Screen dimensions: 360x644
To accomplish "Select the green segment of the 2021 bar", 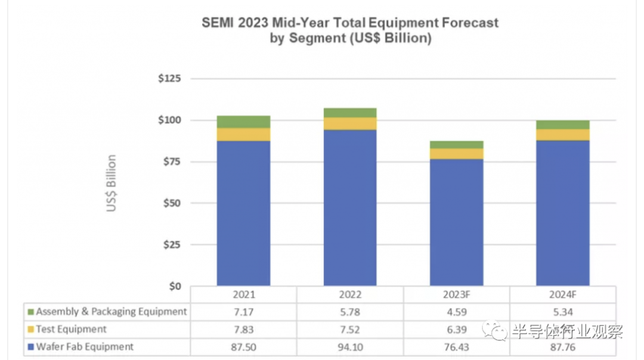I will [x=243, y=122].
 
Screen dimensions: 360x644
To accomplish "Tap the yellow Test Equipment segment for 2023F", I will [x=456, y=154].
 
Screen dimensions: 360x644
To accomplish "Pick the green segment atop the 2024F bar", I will [x=562, y=125].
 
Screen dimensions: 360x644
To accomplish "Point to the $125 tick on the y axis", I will [x=170, y=79].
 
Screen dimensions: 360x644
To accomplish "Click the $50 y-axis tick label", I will [x=172, y=203].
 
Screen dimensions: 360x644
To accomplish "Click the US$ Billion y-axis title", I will [x=112, y=184].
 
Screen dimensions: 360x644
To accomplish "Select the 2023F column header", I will [x=456, y=295].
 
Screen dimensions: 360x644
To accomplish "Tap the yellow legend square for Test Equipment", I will [x=30, y=330].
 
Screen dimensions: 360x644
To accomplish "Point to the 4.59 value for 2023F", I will [x=456, y=312].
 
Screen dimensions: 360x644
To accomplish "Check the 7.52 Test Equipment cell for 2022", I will [x=350, y=330].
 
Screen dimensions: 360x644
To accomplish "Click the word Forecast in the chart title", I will [x=464, y=23].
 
